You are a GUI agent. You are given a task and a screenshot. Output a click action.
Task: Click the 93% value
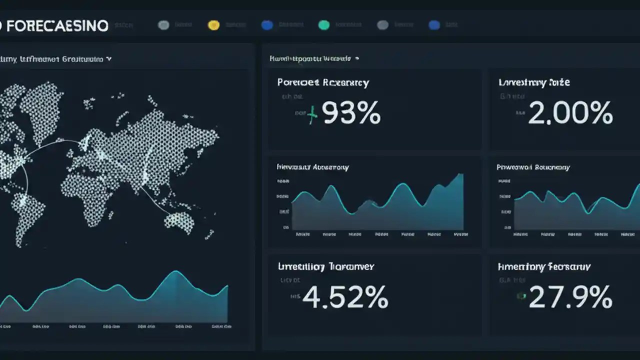click(351, 114)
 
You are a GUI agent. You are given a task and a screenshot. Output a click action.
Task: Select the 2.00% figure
click(570, 114)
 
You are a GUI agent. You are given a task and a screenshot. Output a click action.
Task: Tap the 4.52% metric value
click(345, 297)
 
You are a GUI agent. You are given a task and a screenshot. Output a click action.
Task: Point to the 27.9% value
click(570, 297)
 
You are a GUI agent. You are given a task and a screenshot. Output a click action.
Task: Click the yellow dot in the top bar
click(213, 25)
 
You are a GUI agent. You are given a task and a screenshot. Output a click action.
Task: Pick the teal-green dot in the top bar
click(324, 25)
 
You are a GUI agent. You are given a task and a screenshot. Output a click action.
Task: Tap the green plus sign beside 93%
click(312, 115)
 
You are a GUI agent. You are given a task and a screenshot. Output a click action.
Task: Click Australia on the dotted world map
click(179, 222)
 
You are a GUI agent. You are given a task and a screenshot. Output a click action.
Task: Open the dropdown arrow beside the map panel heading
click(109, 59)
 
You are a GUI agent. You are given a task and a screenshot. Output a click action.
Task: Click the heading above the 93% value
click(323, 82)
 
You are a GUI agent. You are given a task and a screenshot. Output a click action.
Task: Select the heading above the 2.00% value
click(534, 82)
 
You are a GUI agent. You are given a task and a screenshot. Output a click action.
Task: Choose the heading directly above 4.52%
click(326, 266)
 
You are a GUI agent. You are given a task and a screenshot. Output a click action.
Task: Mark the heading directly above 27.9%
click(544, 266)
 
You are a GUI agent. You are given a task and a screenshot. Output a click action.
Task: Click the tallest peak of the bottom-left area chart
click(176, 271)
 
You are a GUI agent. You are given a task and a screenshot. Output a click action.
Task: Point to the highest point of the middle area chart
click(460, 174)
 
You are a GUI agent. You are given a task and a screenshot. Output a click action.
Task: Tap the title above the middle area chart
click(312, 167)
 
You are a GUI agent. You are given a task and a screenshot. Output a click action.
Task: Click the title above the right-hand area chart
click(533, 167)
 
